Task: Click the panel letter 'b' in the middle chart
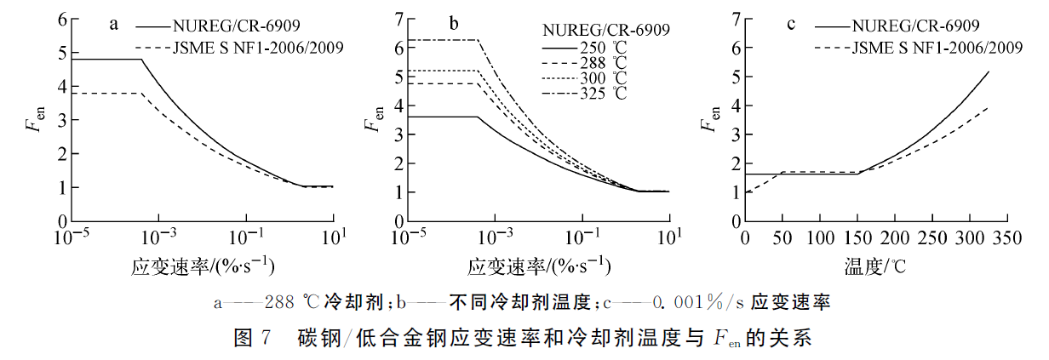pos(454,25)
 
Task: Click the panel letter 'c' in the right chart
pos(791,25)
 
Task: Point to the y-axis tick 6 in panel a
pos(61,19)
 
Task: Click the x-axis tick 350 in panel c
pos(1006,237)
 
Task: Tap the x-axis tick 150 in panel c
pos(856,237)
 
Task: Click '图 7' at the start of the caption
pos(251,339)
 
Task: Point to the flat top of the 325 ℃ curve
pos(443,40)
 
